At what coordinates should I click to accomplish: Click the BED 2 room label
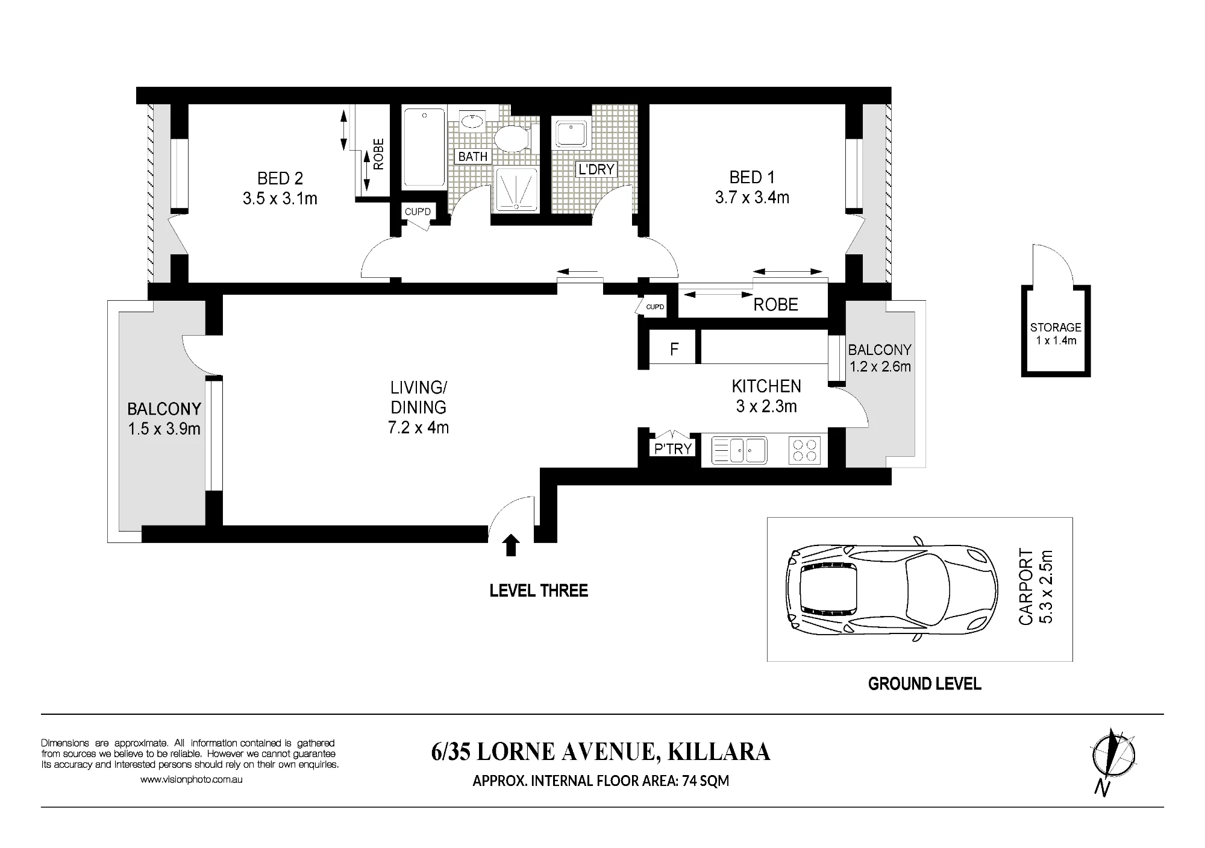click(280, 178)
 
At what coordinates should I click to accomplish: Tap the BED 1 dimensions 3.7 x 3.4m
click(752, 198)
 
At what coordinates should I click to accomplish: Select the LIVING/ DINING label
click(419, 397)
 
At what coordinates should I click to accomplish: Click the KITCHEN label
click(766, 386)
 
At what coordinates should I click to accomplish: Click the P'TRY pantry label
click(673, 448)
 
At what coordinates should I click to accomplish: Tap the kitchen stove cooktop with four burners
click(804, 450)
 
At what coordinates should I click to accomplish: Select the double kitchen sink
click(739, 450)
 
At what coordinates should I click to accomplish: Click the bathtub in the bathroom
click(425, 147)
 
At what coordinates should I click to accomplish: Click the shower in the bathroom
click(516, 189)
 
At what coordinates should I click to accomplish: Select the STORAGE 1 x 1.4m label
click(1056, 333)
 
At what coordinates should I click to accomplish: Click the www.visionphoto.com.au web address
click(192, 779)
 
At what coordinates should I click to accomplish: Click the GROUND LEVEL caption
click(925, 684)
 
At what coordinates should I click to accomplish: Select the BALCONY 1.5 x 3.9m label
click(164, 419)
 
